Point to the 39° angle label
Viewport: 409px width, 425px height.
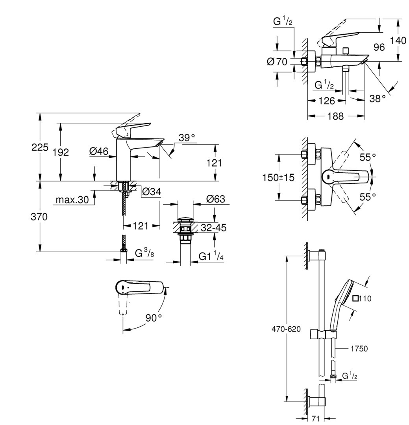[187, 138]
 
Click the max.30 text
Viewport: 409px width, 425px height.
[72, 200]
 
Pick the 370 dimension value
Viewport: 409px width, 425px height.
[39, 217]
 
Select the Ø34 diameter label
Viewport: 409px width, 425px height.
[150, 192]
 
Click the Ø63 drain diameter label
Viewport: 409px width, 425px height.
[215, 199]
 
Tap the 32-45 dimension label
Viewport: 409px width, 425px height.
[213, 228]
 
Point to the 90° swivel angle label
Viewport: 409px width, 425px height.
[154, 318]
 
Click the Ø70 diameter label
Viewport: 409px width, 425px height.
[277, 62]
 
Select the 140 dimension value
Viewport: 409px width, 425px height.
[399, 40]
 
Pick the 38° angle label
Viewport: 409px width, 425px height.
[378, 98]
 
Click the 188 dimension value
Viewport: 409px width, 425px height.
[336, 116]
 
